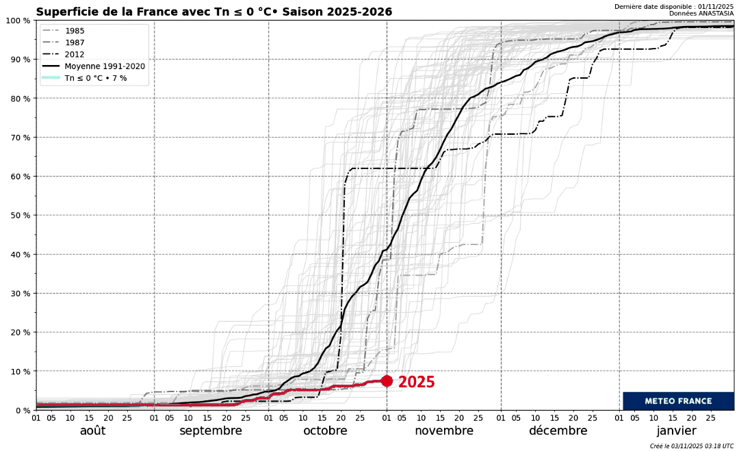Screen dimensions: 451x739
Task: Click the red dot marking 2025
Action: point(387,381)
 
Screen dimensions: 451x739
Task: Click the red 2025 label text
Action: point(416,383)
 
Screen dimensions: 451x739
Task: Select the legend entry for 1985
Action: point(75,31)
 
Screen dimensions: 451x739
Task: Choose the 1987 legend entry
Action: point(75,42)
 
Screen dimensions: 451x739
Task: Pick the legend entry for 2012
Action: point(75,54)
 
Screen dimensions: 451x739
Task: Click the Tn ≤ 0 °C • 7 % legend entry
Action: point(95,79)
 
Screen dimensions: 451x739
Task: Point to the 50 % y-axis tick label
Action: point(17,216)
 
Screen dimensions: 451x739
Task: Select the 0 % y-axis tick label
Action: point(20,410)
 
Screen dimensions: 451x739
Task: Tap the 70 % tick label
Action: point(17,138)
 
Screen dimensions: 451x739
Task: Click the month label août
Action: point(93,431)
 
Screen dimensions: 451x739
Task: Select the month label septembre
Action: point(211,431)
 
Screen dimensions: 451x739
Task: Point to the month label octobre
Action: point(325,431)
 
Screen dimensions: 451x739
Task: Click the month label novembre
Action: point(443,431)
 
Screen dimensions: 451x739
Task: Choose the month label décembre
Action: point(558,431)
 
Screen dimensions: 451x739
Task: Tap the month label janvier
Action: point(676,431)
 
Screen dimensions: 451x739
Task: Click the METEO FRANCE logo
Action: point(678,401)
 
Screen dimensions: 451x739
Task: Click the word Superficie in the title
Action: point(66,12)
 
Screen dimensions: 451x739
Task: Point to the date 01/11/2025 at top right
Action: point(711,7)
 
